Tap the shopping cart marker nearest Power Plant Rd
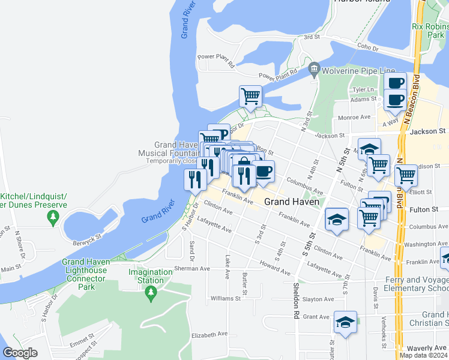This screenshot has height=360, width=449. pyautogui.click(x=250, y=96)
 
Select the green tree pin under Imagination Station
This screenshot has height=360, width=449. pyautogui.click(x=151, y=293)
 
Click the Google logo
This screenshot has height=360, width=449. pyautogui.click(x=20, y=353)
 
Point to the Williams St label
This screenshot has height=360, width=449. pyautogui.click(x=225, y=298)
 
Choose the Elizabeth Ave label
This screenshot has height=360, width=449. pyautogui.click(x=209, y=334)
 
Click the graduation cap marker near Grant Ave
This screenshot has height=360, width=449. pyautogui.click(x=345, y=322)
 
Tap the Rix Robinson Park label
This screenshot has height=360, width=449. pyautogui.click(x=430, y=31)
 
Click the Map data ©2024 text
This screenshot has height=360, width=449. pyautogui.click(x=423, y=355)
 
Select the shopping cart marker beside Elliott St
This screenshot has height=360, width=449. pyautogui.click(x=406, y=176)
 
